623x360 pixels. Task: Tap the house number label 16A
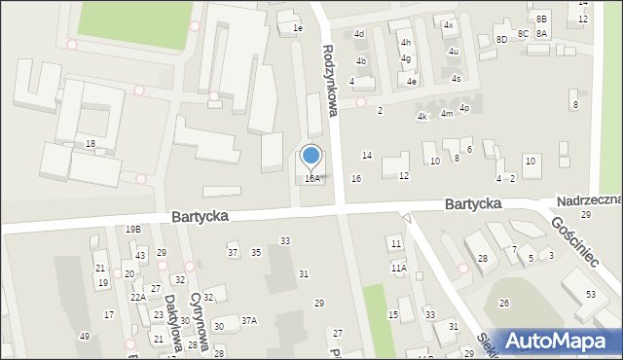[x=311, y=179]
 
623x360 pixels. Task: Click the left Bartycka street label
[x=201, y=217]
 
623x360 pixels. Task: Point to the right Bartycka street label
[x=473, y=204]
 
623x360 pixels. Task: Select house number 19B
[x=133, y=229]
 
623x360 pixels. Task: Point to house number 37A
[x=249, y=320]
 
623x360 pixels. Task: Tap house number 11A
[x=399, y=268]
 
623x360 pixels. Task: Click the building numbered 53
[x=591, y=294]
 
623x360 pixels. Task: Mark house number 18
[x=91, y=144]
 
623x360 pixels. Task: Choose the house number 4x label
[x=448, y=25]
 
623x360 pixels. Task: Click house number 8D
[x=501, y=39]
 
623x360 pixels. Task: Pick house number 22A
[x=138, y=297]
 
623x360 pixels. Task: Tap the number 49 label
[x=85, y=337]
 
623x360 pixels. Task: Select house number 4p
[x=464, y=108]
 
